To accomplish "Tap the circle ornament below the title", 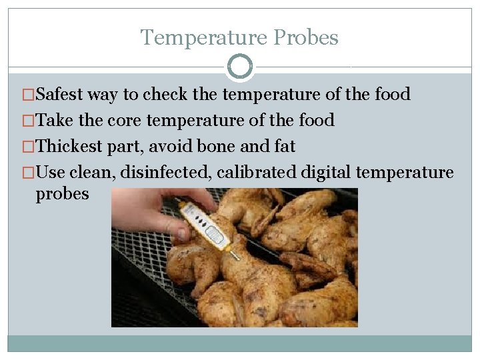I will point(240,67).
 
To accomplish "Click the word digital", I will point(326,173).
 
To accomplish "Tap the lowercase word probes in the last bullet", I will point(62,194).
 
